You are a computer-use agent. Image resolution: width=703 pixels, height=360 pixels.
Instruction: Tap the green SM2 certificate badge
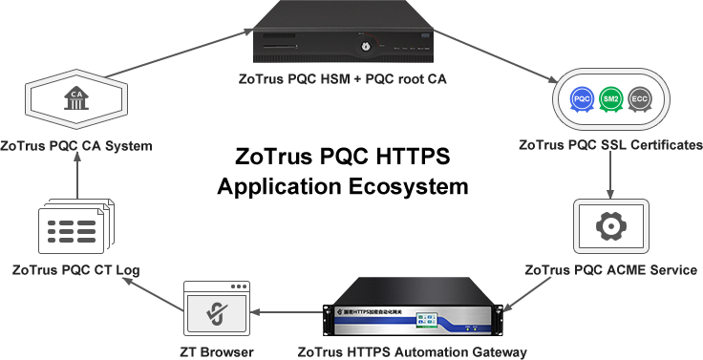coord(611,99)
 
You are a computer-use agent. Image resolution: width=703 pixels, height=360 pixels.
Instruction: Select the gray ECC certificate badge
coord(640,99)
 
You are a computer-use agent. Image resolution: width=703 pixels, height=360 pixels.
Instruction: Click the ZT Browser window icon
coord(217,309)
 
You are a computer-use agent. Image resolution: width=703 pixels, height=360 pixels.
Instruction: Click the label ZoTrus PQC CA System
coord(76,146)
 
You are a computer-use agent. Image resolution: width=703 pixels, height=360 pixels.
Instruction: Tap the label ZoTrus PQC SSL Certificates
coord(610,146)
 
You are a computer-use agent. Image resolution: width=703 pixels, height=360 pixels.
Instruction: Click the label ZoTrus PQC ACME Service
coord(610,270)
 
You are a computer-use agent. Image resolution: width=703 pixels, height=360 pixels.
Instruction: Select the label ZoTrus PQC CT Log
coord(75,270)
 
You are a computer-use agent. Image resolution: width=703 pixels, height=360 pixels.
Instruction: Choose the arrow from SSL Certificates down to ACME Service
coord(610,175)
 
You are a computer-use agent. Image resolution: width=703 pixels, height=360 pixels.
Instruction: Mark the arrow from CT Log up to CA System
coord(75,180)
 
